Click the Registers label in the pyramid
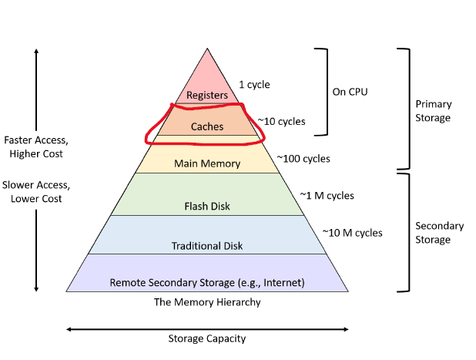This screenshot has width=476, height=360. [207, 96]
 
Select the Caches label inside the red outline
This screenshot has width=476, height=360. [207, 127]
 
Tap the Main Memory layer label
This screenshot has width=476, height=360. [207, 163]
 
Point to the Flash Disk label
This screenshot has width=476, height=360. [207, 206]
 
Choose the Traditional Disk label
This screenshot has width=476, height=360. [207, 246]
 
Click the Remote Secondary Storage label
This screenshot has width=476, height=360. [207, 283]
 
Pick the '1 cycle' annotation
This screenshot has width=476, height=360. [254, 85]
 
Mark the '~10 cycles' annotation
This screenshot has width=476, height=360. [281, 121]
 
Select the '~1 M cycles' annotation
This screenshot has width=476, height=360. [328, 195]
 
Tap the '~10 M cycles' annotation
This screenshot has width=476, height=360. [352, 232]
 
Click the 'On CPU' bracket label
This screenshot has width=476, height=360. [350, 92]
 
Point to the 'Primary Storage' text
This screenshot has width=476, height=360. [433, 111]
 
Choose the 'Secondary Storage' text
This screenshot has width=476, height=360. [439, 233]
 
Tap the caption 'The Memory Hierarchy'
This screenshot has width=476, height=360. [207, 302]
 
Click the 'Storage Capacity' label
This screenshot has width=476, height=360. [207, 338]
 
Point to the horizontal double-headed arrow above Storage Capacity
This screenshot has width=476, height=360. [207, 329]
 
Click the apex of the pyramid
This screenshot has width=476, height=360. [207, 49]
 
